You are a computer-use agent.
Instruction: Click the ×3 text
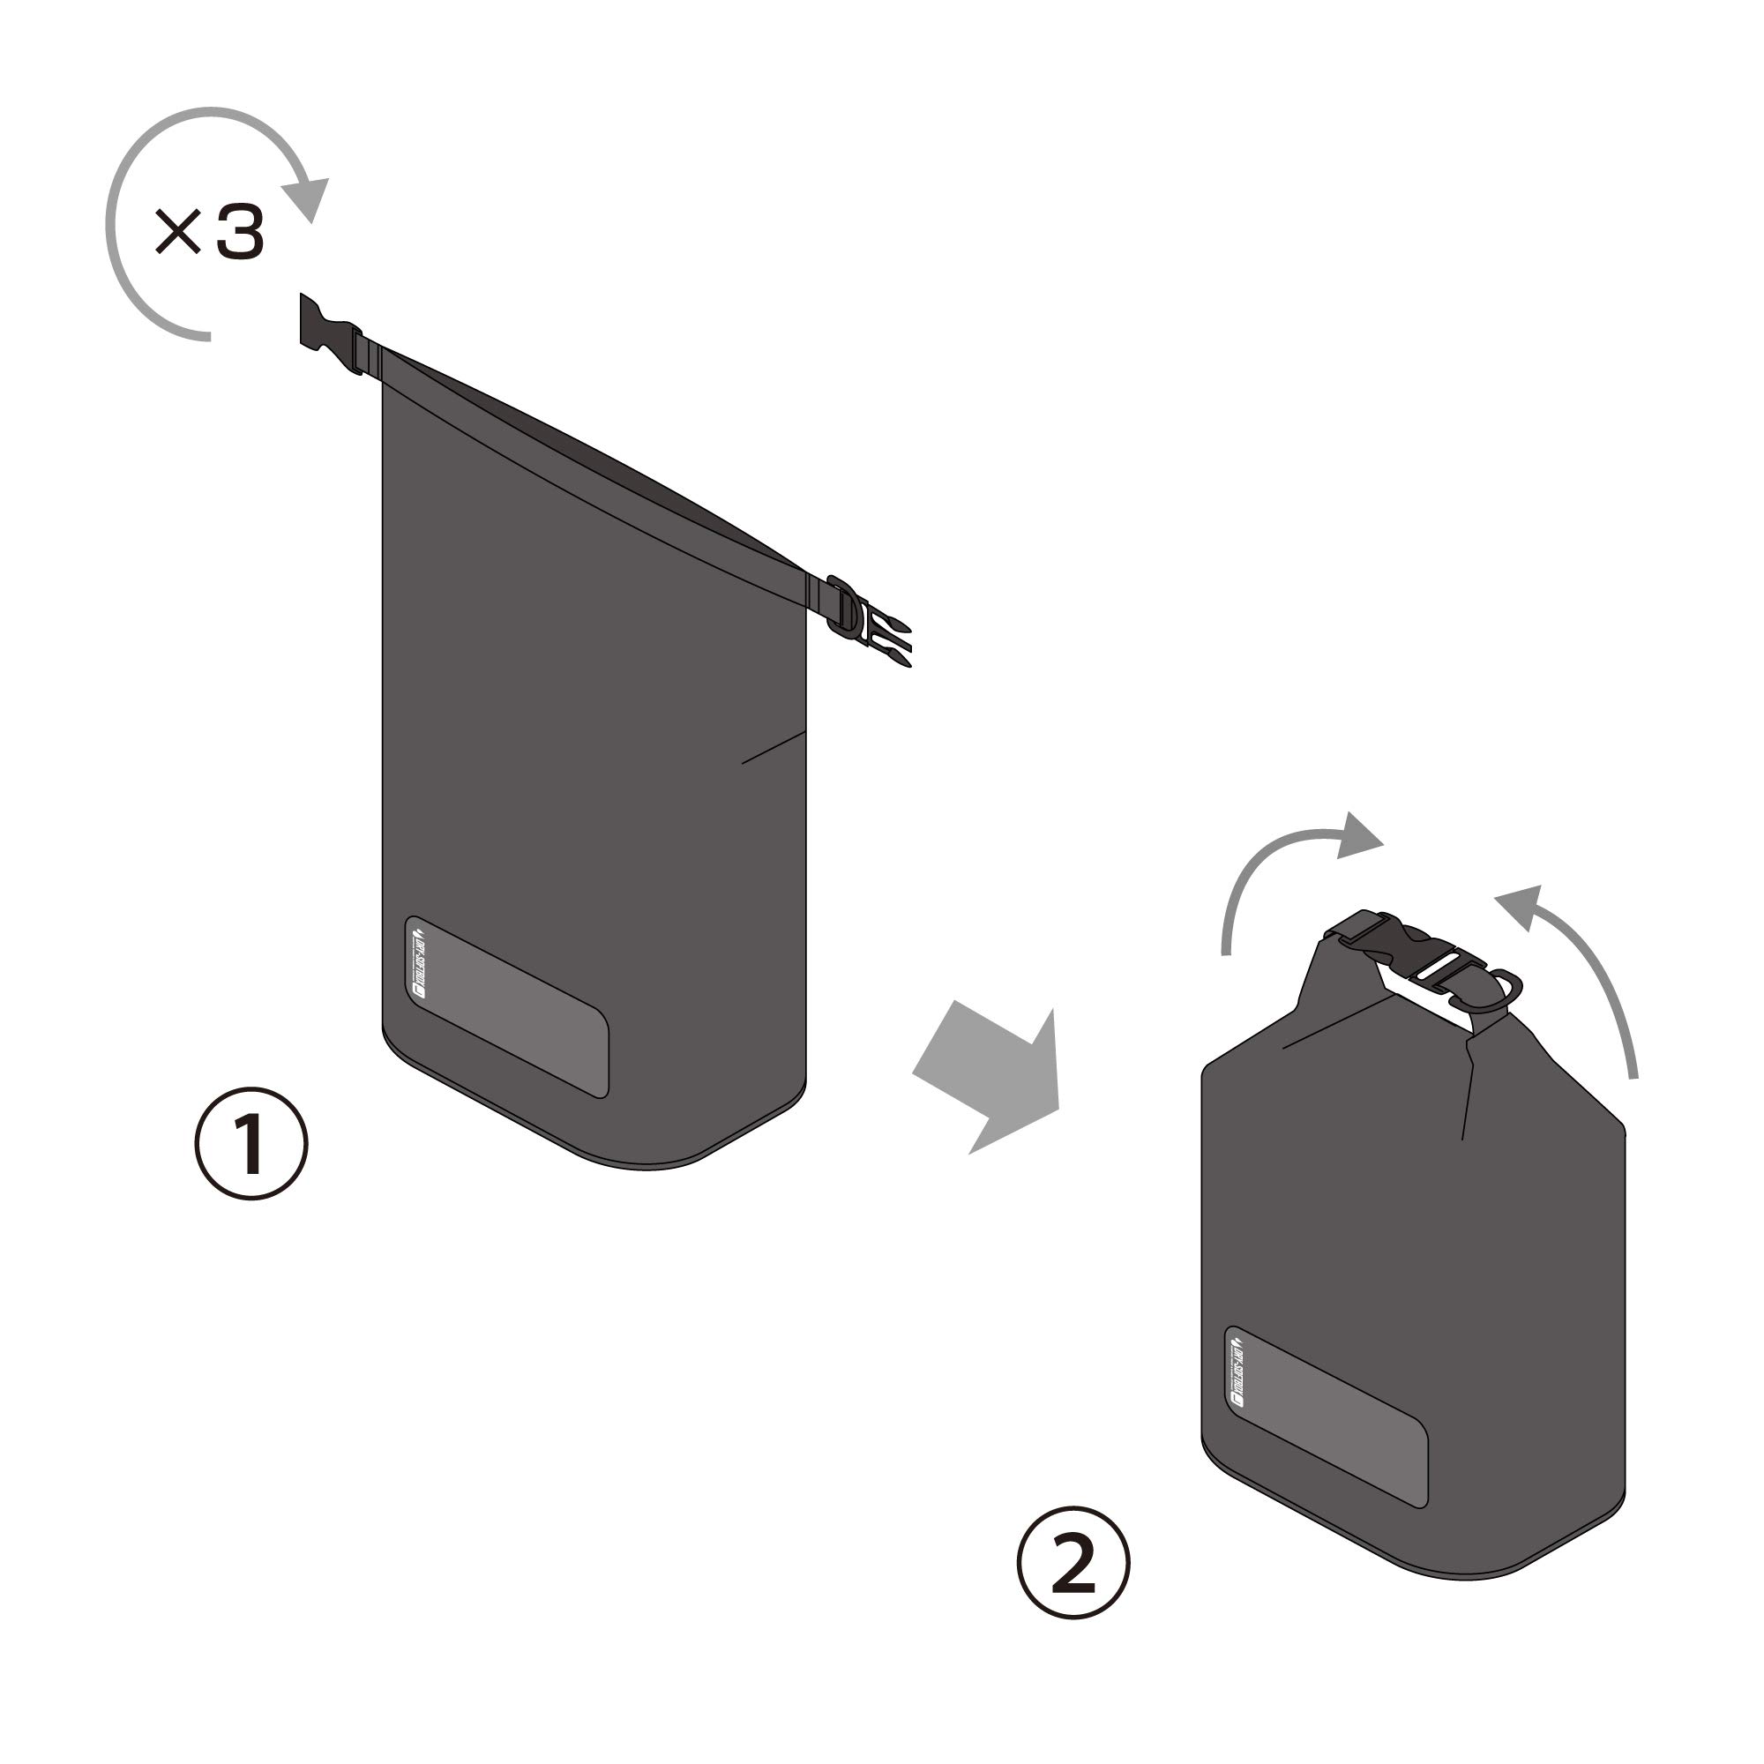click(x=210, y=232)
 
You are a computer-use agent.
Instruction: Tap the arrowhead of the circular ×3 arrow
click(x=307, y=197)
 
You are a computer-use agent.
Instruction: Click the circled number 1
click(x=251, y=1145)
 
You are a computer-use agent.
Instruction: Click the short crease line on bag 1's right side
click(x=774, y=747)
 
